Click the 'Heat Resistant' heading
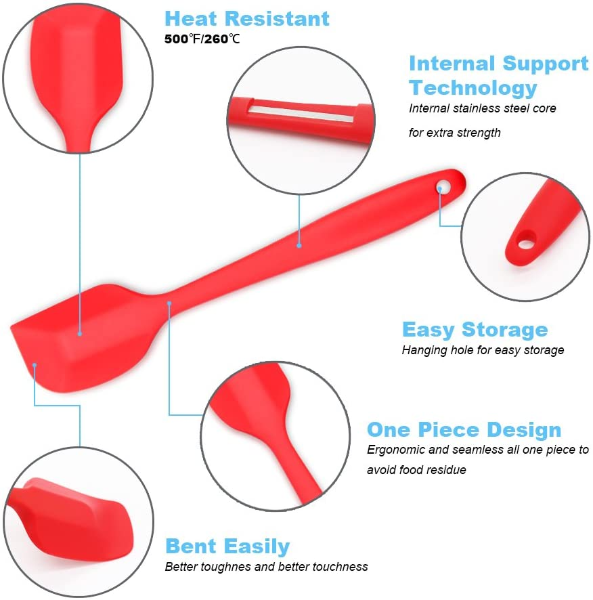(x=247, y=18)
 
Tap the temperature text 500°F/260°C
(x=202, y=39)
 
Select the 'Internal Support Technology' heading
(x=498, y=75)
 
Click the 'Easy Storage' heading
(x=475, y=330)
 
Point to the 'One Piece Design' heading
(x=464, y=429)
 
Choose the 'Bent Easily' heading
(x=227, y=546)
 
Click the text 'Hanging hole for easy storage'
(x=483, y=350)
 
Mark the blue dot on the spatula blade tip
(x=35, y=365)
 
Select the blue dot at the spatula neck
(x=169, y=303)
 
